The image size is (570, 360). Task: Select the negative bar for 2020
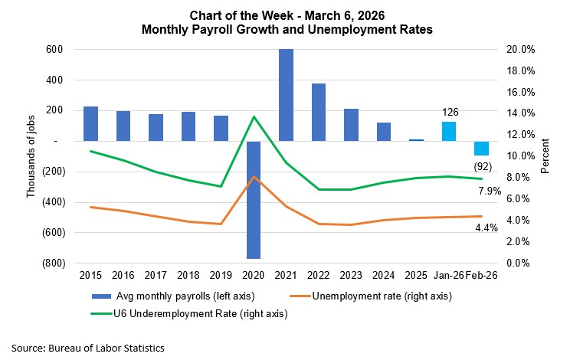coord(254,200)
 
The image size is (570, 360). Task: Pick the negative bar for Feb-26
coord(481,148)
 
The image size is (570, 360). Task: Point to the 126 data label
coord(450,112)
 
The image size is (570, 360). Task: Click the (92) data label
coord(481,164)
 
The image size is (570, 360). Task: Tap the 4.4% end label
coord(487,227)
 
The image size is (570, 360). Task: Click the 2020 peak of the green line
coord(254,116)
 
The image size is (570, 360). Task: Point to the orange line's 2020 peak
coord(254,177)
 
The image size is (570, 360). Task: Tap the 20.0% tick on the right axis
coord(522,50)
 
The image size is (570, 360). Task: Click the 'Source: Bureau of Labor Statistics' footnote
coord(88,347)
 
